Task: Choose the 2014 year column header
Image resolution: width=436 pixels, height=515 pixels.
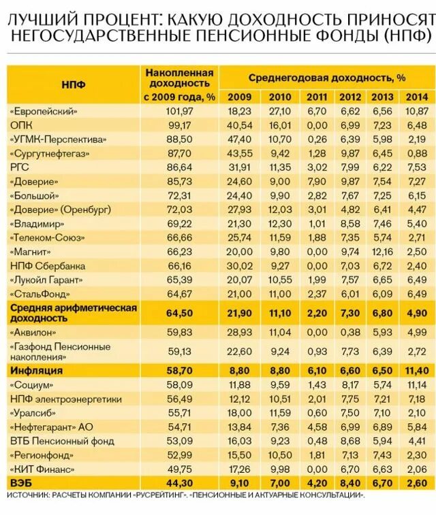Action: [416, 97]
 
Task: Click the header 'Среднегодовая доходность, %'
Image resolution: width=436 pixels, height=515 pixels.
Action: [326, 78]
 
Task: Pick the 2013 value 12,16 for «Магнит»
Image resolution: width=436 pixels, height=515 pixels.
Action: [383, 251]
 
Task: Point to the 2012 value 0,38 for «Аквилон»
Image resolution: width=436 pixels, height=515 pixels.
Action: [350, 333]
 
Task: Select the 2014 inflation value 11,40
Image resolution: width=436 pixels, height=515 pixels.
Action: [416, 371]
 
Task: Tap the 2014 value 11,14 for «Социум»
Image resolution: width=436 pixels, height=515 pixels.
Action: [416, 384]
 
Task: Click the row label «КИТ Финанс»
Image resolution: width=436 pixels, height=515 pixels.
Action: [42, 469]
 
